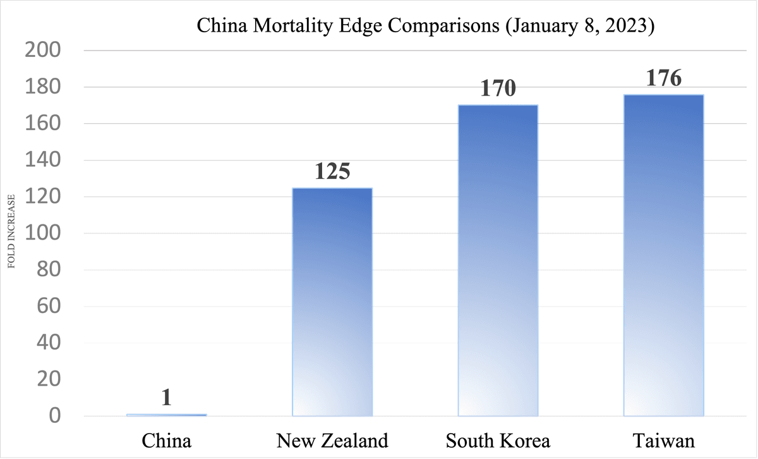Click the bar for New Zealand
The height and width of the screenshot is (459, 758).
(332, 302)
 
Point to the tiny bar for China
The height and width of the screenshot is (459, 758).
(167, 415)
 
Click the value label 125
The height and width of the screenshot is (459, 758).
(332, 172)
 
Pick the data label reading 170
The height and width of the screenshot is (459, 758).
(498, 89)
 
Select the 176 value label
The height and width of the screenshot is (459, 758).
(663, 79)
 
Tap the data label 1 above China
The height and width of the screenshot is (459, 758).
(167, 398)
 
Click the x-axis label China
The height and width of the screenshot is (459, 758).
(167, 440)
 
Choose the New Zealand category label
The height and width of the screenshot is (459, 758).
(332, 440)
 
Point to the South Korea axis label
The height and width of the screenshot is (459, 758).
(498, 440)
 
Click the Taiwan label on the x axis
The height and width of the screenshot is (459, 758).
(663, 440)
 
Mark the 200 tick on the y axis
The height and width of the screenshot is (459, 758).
(42, 51)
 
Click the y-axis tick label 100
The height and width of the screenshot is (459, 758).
(42, 233)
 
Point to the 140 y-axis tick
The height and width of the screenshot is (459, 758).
(42, 161)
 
